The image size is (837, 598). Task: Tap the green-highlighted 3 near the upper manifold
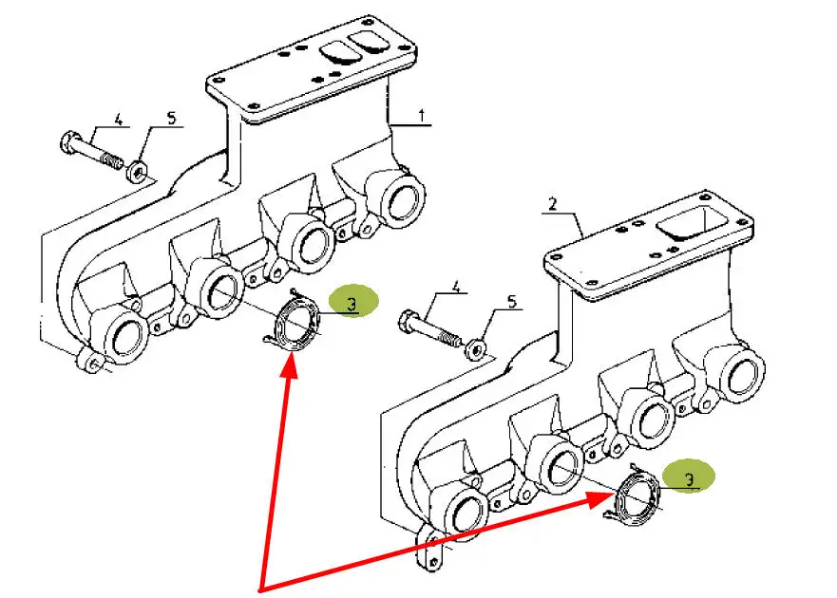352,304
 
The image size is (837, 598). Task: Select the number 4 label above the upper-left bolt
119,120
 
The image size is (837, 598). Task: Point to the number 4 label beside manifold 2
455,285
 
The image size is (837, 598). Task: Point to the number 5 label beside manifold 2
511,303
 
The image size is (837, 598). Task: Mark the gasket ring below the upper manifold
297,325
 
